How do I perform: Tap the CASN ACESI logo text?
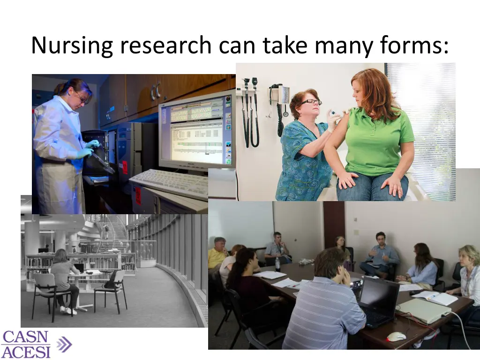point(26,344)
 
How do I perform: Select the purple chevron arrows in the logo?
point(64,345)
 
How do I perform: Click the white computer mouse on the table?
point(396,336)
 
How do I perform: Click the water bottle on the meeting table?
point(277,264)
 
